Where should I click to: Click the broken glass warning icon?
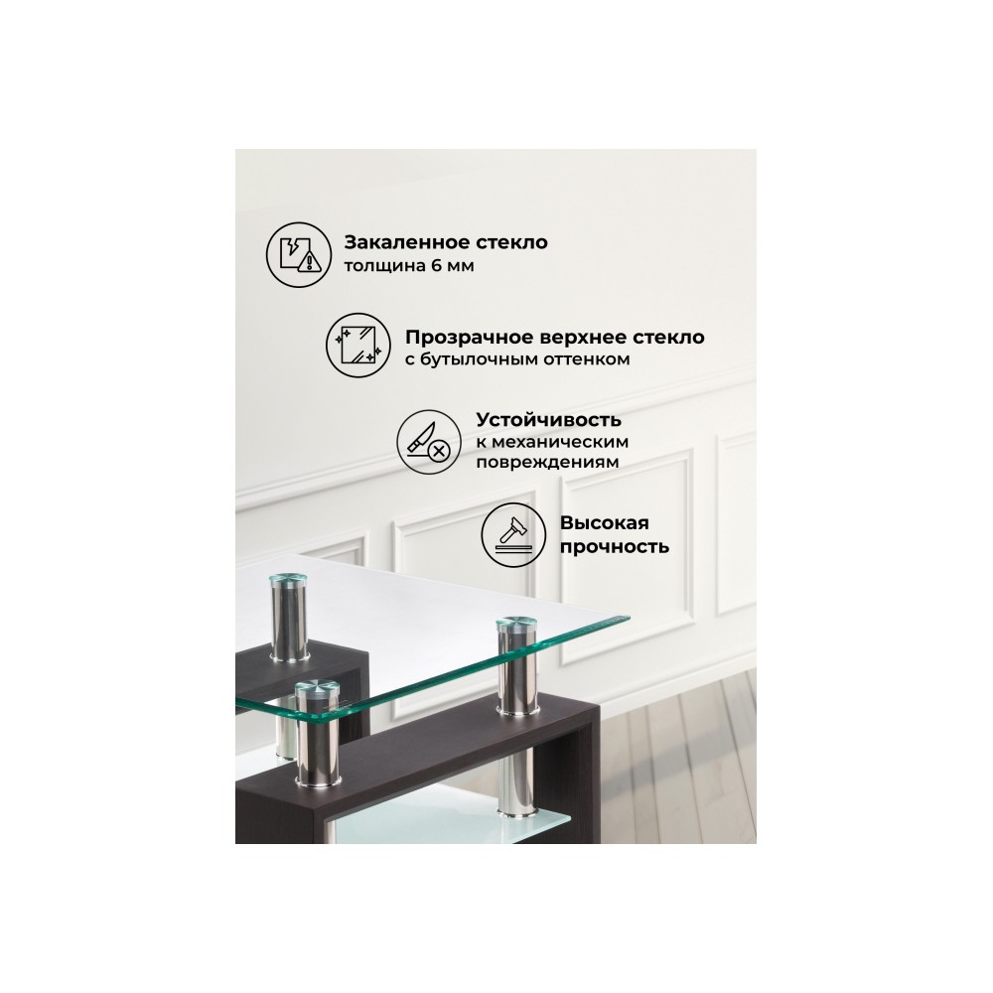click(298, 254)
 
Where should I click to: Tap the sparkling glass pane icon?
click(358, 346)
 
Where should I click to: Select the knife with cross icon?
click(429, 442)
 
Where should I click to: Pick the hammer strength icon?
click(513, 535)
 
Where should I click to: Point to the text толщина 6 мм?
click(408, 265)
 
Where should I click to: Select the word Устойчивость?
click(548, 419)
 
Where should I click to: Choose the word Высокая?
click(604, 523)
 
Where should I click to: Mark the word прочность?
click(615, 546)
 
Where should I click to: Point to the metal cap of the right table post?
click(516, 624)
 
